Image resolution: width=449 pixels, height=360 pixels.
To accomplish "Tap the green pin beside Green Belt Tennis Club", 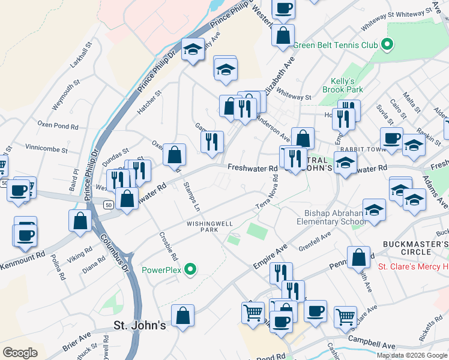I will click(387, 44).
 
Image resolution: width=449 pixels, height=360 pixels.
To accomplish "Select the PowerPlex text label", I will click(161, 270).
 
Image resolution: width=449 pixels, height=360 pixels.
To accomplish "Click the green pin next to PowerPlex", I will click(191, 270).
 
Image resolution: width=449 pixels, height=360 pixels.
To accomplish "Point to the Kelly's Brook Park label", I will click(347, 85).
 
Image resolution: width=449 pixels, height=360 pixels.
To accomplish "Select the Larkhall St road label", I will click(81, 55).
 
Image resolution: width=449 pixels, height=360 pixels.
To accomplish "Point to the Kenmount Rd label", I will click(23, 254).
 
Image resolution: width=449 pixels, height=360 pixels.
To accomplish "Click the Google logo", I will click(20, 353).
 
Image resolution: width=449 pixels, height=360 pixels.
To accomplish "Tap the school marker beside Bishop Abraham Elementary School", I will click(374, 211).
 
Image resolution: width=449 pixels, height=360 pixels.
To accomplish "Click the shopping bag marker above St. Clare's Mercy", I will click(358, 258).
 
